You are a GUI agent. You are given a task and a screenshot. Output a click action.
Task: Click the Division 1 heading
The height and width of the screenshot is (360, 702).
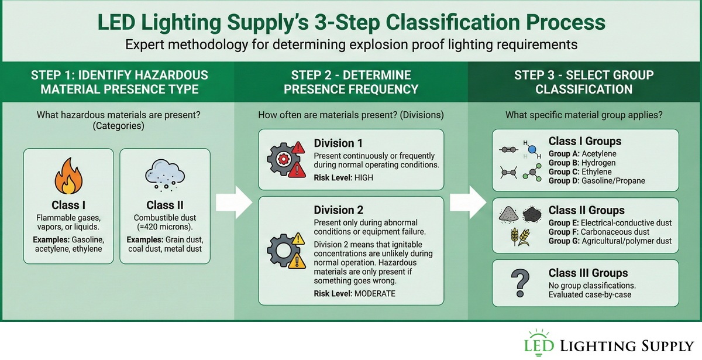click(x=334, y=143)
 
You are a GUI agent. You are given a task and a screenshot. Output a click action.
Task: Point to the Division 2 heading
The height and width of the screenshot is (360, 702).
click(x=334, y=210)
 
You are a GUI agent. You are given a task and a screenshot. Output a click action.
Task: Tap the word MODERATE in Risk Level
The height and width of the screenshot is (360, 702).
click(x=374, y=293)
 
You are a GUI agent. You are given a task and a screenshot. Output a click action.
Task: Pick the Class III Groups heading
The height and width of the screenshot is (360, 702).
click(x=588, y=273)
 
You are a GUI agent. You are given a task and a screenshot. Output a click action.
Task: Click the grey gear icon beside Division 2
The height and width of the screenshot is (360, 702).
click(x=280, y=252)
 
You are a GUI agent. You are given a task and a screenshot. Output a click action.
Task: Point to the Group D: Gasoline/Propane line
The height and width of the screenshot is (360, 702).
click(x=597, y=180)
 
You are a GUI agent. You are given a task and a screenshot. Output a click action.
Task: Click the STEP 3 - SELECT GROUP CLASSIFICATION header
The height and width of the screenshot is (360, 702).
click(x=583, y=82)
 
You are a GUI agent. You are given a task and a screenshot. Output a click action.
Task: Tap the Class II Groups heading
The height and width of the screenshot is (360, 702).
click(x=586, y=210)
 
